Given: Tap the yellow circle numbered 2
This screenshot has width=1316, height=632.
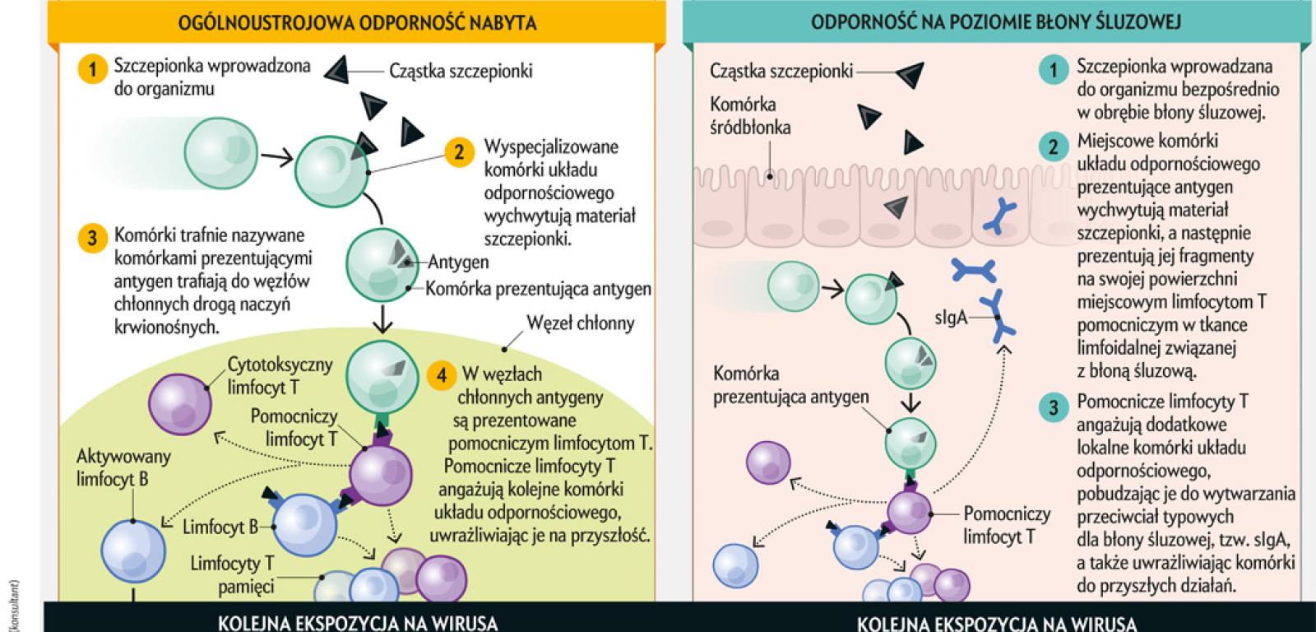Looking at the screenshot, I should (x=459, y=151).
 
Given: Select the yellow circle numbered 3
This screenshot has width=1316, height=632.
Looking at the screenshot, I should (x=92, y=238).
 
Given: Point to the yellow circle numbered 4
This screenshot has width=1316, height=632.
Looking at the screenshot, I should (x=443, y=376).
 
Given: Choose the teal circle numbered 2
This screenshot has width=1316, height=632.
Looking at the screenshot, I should (x=1053, y=146).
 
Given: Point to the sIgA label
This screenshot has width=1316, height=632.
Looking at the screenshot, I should (x=950, y=318).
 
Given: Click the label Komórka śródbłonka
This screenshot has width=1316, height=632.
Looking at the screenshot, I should (x=751, y=116).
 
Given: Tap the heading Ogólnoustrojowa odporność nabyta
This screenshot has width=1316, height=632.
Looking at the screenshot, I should (x=358, y=22).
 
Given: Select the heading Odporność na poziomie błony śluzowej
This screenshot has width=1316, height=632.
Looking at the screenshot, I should (x=996, y=22).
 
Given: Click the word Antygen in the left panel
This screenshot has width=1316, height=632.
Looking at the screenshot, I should (x=458, y=263).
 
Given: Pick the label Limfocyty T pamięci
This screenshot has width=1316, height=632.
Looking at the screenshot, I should (x=232, y=575).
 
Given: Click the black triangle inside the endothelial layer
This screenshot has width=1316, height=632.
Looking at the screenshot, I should (x=896, y=207).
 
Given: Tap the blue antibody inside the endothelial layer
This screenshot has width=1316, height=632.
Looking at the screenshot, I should (x=1002, y=216).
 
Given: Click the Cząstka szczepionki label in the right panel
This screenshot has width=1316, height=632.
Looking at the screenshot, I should (x=781, y=72).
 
